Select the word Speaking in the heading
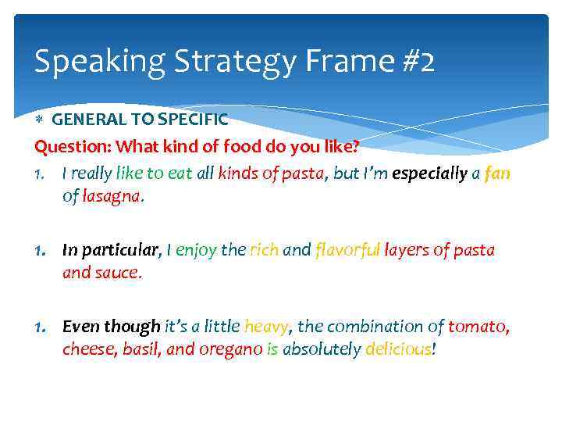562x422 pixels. [84, 61]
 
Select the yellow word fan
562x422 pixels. [497, 173]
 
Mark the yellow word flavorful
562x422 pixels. [347, 250]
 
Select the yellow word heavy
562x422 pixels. [266, 327]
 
